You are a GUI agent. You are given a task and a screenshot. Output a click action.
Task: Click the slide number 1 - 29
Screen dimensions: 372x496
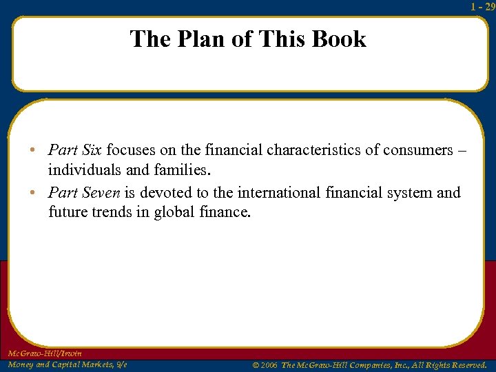click(482, 6)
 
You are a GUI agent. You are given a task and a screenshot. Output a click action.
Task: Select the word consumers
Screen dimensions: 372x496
click(417, 149)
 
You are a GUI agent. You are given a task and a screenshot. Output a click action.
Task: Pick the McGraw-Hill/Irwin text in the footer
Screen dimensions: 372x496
click(45, 353)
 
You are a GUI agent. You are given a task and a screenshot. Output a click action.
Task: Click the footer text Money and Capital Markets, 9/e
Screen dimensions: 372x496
click(67, 364)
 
